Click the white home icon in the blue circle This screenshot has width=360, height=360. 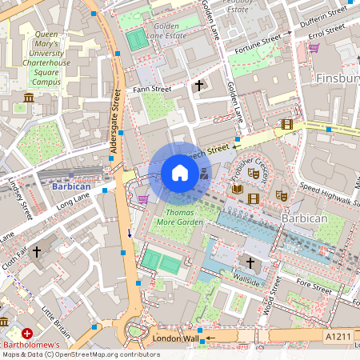[x=180, y=174]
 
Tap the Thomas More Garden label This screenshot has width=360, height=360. [x=179, y=216]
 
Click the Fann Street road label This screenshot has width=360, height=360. [x=152, y=89]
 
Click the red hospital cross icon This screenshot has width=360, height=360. [x=27, y=333]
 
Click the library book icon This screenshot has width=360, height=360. [x=237, y=189]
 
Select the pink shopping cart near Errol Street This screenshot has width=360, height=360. [x=314, y=47]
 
